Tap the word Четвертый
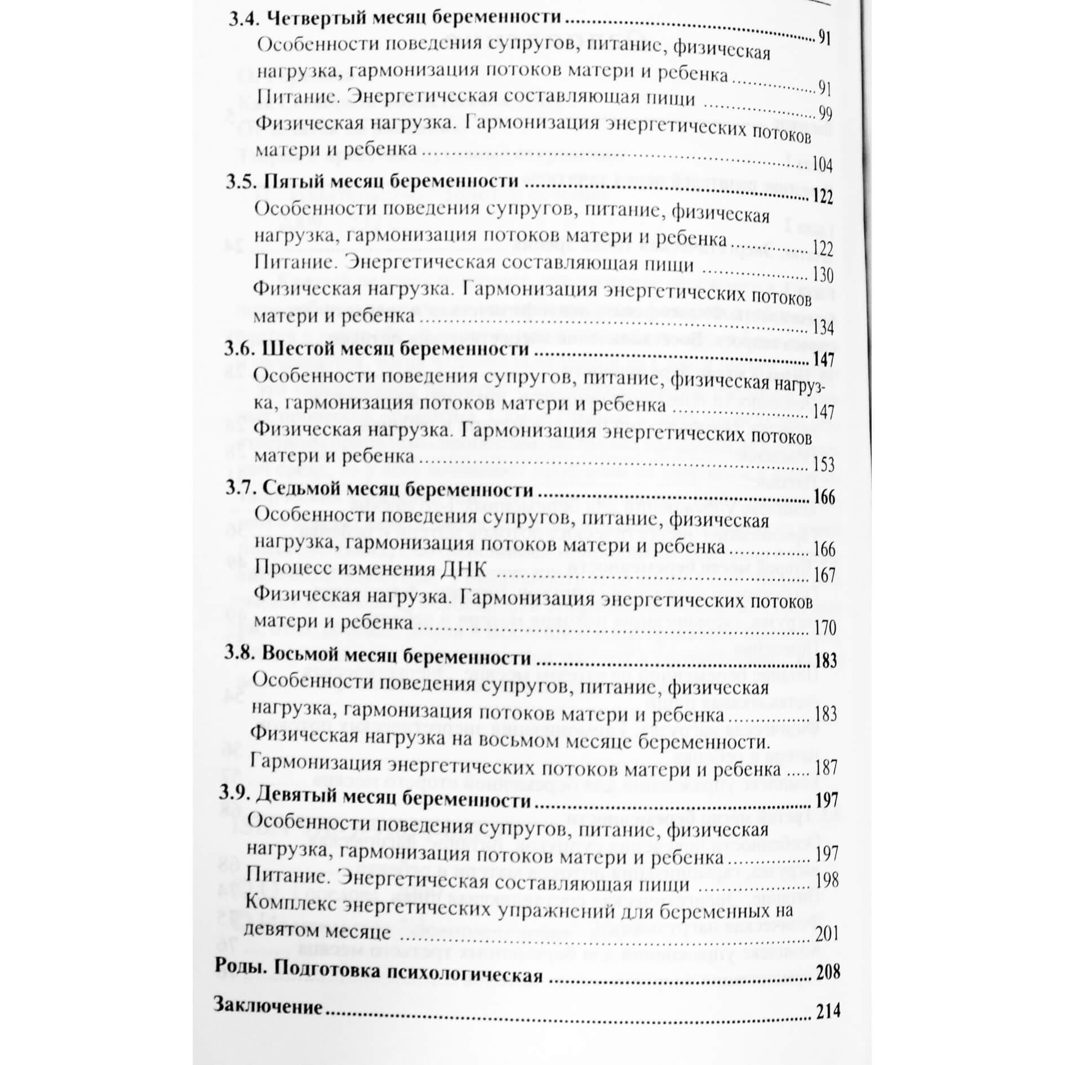click(317, 18)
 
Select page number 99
click(826, 114)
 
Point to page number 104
click(822, 165)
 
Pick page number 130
click(823, 275)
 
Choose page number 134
click(823, 327)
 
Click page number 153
click(823, 464)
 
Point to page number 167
click(825, 575)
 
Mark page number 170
click(825, 627)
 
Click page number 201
click(827, 934)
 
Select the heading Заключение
click(268, 1006)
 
